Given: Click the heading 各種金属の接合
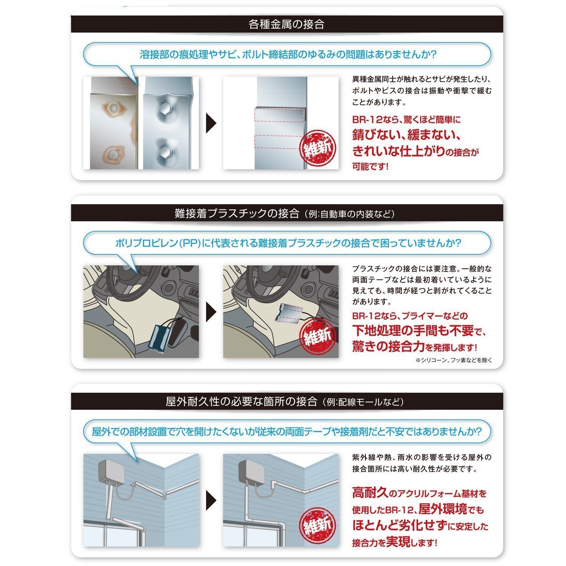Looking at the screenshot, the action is [x=287, y=25].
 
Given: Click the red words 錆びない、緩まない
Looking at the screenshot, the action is [x=407, y=135].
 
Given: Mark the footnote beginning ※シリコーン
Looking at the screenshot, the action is [x=454, y=360].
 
